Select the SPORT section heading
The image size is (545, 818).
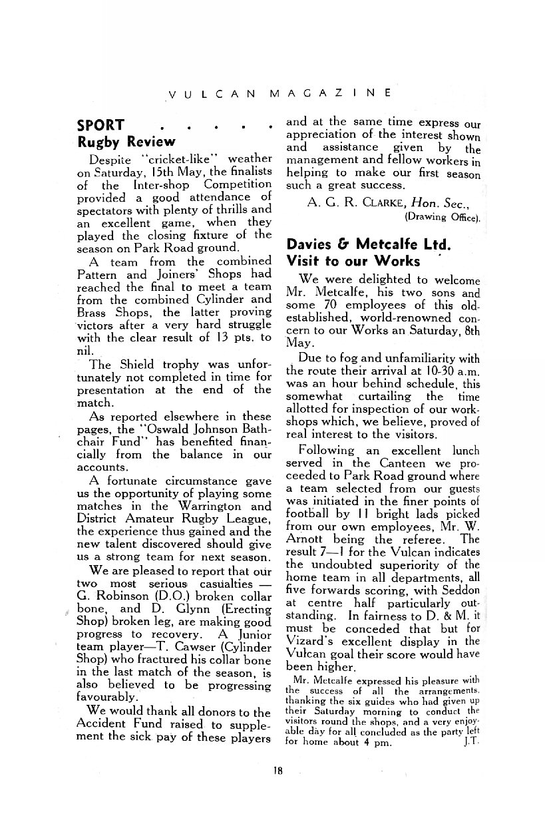click(x=100, y=125)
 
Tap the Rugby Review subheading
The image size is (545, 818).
click(x=126, y=142)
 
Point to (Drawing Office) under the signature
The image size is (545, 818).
click(x=442, y=216)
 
